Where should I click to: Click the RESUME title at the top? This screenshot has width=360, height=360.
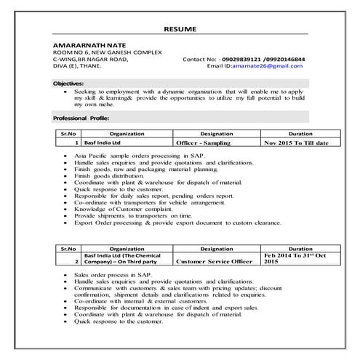179,29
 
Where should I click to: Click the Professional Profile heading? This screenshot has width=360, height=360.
81,117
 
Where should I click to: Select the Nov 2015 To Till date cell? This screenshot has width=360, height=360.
296,143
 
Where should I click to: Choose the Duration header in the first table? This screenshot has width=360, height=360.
300,135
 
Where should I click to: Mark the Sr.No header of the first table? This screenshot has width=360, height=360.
68,135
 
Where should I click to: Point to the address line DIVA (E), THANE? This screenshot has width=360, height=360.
76,65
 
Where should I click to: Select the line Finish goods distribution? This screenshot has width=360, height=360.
109,176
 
